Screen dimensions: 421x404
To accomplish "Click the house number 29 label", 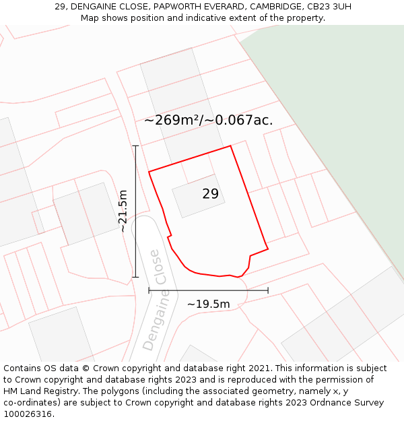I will [210, 194].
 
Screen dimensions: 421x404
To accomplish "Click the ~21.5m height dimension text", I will [123, 211].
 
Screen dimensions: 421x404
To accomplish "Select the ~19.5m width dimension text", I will [208, 304].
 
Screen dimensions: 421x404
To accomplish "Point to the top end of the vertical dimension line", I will [136, 145].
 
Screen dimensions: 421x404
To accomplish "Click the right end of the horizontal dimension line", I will [268, 290].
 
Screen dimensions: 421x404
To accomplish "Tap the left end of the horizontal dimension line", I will [149, 290].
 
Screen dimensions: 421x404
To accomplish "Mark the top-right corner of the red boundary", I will [231, 145].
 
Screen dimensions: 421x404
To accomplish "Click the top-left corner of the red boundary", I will [149, 171].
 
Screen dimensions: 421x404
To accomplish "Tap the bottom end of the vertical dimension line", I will [136, 276].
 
